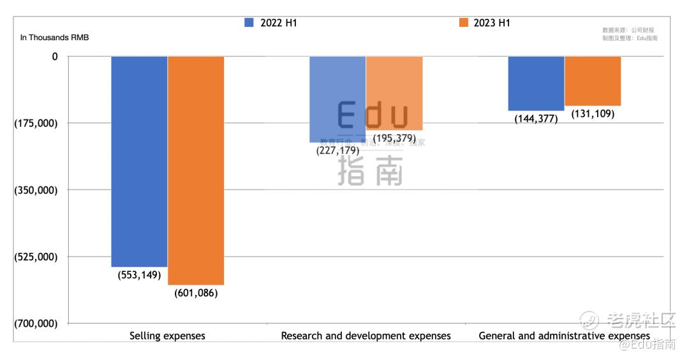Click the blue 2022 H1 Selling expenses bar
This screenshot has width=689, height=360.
(139, 161)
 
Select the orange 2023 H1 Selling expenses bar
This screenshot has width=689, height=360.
(196, 170)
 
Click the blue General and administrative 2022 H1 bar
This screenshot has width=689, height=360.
(536, 83)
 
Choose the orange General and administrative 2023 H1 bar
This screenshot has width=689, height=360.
(593, 80)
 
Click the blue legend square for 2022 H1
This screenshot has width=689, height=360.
(249, 23)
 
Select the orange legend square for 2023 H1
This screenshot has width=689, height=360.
(463, 23)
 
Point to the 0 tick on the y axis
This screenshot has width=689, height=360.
(55, 56)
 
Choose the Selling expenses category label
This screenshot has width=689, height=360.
(167, 336)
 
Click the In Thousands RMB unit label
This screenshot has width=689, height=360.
(55, 38)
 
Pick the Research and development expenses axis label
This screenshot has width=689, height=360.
(366, 336)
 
